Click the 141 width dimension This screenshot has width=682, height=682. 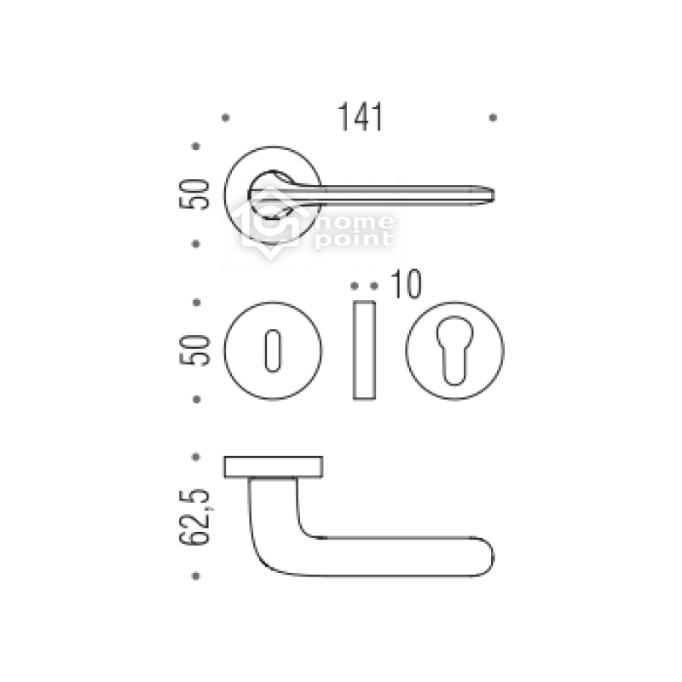pos(360,117)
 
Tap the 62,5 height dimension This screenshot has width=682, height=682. pos(194,517)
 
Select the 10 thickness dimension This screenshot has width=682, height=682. pos(407,285)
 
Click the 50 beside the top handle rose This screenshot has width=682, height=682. pos(194,194)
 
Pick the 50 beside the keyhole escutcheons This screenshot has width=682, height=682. pos(194,350)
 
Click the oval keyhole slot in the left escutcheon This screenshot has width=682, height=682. pos(273,350)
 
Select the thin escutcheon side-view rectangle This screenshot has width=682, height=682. pos(364,350)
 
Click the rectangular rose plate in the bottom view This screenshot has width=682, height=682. pos(273,466)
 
